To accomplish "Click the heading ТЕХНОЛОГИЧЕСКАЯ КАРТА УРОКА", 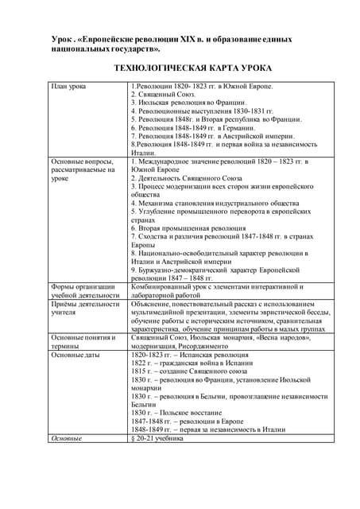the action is [x=179, y=68].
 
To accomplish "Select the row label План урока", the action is [x=72, y=86].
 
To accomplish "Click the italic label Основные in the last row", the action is [x=66, y=438].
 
